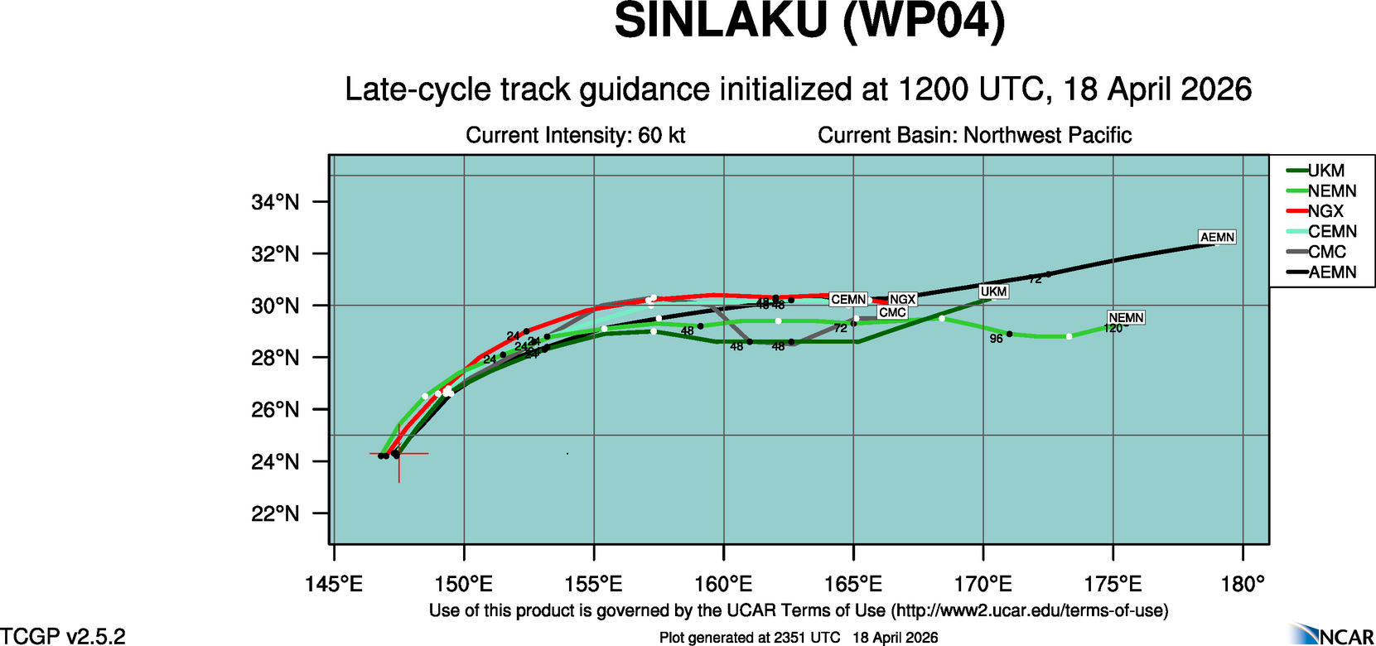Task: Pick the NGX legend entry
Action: (1325, 211)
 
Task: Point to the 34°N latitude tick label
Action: (275, 202)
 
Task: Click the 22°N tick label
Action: (275, 514)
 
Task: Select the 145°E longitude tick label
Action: (334, 585)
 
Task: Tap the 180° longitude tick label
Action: (1243, 585)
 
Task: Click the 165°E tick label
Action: (853, 585)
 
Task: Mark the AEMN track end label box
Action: (1217, 237)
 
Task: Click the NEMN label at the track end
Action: (1126, 317)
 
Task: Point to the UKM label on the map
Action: (993, 292)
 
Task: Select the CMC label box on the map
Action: (892, 312)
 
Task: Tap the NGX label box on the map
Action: (902, 299)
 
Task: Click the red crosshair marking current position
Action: (399, 454)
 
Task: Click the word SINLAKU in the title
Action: (721, 22)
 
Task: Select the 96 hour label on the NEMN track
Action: (996, 339)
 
